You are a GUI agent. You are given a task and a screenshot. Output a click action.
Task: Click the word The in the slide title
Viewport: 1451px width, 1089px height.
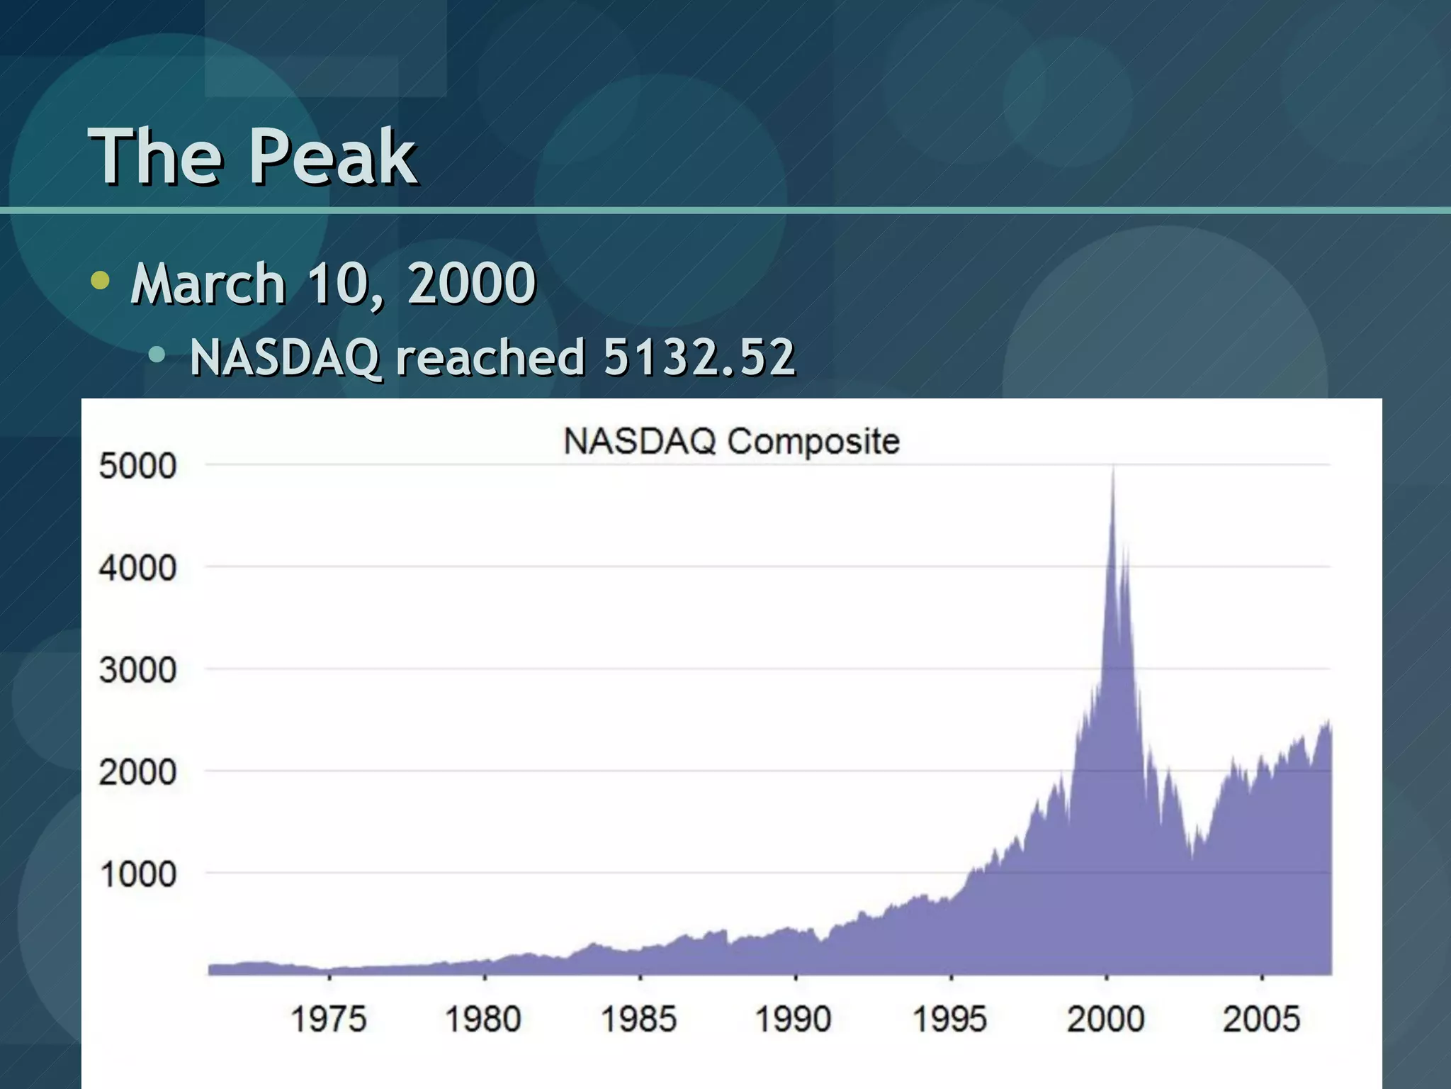[154, 157]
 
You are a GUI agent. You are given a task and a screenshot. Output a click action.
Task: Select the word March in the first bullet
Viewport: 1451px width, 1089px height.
[208, 284]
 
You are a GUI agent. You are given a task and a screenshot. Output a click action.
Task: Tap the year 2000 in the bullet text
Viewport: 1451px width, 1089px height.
[471, 284]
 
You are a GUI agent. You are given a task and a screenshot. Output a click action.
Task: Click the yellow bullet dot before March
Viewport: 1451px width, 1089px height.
[101, 281]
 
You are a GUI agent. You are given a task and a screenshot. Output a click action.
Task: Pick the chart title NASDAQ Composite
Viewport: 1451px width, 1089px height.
[731, 441]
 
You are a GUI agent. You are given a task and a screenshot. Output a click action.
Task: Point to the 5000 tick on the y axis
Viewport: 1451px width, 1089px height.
[137, 467]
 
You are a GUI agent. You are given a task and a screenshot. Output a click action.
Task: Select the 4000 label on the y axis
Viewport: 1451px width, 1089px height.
[137, 569]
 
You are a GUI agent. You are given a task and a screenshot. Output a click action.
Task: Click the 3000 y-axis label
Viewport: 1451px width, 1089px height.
[137, 671]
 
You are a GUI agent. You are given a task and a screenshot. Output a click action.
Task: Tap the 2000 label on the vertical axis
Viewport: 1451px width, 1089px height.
[137, 773]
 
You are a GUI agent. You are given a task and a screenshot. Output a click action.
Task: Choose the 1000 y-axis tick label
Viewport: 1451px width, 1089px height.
[137, 875]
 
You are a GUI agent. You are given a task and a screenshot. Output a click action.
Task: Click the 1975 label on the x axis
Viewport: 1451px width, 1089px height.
[329, 1020]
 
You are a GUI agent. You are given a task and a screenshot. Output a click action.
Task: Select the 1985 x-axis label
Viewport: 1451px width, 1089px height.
[639, 1020]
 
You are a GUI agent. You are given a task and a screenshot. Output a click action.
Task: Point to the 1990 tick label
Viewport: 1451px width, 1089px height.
[794, 1020]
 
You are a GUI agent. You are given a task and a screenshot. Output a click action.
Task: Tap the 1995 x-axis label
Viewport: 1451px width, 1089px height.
[949, 1020]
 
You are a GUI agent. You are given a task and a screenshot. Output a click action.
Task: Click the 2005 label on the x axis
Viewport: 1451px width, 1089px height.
[1262, 1020]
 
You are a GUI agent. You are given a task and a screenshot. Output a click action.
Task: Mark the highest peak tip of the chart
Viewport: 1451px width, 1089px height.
[1113, 468]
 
